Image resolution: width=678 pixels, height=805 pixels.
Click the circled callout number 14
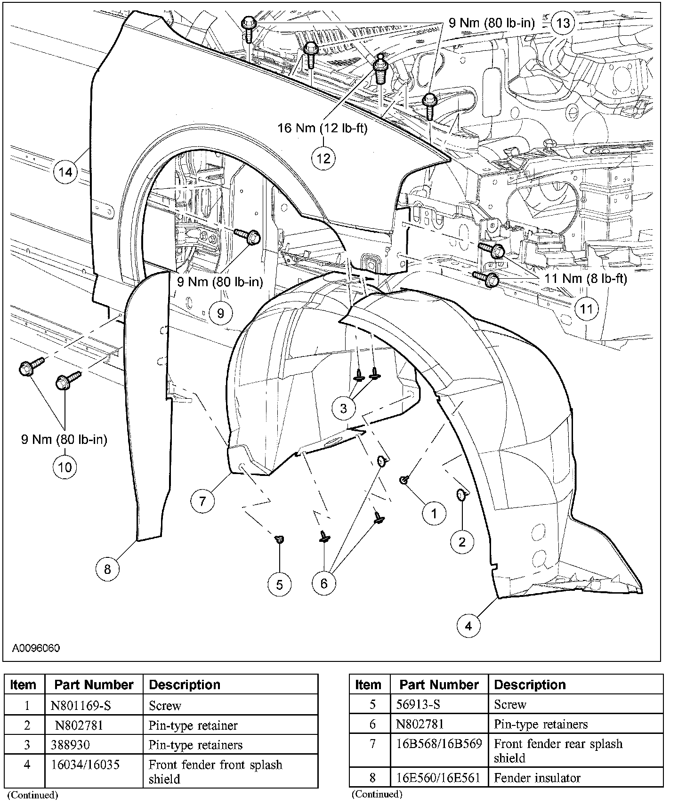(x=65, y=172)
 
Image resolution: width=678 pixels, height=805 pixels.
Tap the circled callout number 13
(x=563, y=23)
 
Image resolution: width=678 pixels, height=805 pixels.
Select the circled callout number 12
(x=323, y=158)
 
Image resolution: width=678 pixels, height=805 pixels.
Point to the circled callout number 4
(x=468, y=626)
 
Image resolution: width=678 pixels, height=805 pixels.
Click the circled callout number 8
(x=107, y=569)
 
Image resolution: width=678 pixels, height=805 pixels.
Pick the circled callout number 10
(x=65, y=467)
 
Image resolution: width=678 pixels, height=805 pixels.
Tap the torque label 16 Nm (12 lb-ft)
(x=322, y=128)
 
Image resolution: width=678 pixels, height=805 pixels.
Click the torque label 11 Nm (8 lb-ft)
(x=586, y=279)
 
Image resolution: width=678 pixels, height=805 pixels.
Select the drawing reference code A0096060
(x=36, y=648)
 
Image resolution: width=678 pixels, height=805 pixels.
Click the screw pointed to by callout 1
(x=404, y=480)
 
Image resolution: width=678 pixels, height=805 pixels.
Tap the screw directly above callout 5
(x=280, y=539)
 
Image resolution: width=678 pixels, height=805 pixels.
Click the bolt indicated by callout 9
(x=249, y=236)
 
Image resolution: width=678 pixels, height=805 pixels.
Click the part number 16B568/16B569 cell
(x=439, y=744)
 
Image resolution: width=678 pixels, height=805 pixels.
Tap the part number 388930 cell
(x=71, y=745)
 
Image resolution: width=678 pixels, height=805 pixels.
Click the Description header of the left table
(x=185, y=684)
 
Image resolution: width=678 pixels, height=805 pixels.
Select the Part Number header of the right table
(x=439, y=684)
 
